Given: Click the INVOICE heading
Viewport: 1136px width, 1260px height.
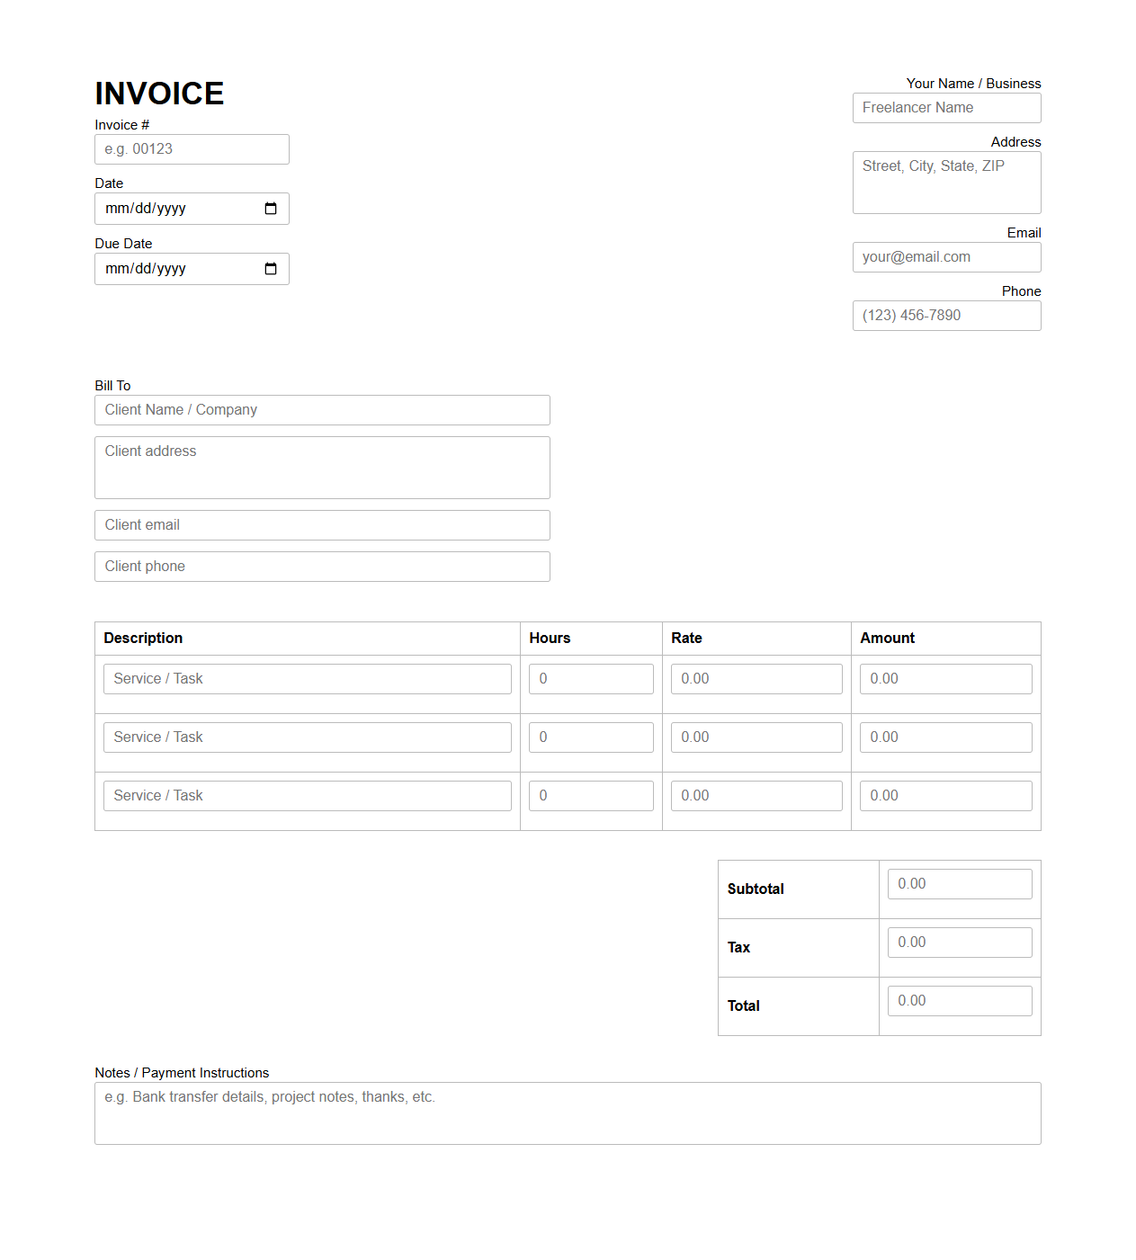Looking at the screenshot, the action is click(x=159, y=94).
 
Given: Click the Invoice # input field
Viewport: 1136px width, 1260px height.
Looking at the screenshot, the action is click(x=192, y=149).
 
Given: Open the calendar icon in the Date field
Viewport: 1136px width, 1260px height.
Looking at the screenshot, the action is click(x=271, y=209).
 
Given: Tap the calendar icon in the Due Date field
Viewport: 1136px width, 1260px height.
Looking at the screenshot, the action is click(x=271, y=269).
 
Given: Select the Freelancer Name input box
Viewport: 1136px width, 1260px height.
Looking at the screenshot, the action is click(x=946, y=108).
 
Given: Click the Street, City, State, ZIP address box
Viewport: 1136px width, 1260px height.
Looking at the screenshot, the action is click(x=946, y=183).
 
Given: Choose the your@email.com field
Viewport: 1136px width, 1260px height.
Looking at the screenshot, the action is click(x=946, y=257).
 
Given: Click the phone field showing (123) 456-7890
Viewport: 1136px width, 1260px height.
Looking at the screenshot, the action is click(x=946, y=316).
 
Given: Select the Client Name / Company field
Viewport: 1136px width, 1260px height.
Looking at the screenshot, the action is click(x=322, y=410).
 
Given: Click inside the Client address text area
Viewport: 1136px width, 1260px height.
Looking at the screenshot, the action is click(x=322, y=468).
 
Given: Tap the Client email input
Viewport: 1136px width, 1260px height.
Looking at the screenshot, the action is click(x=322, y=525).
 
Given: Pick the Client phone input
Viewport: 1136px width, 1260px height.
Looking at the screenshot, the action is click(x=322, y=567).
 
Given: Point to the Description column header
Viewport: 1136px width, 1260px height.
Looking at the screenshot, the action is click(x=143, y=639).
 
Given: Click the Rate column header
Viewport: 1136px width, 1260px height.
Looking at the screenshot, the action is click(x=686, y=639).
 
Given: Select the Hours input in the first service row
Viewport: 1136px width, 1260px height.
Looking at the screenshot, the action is click(x=591, y=679).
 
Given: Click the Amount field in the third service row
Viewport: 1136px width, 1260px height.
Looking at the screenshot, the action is click(x=945, y=796).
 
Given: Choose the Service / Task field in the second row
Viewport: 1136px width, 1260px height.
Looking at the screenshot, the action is click(x=307, y=737).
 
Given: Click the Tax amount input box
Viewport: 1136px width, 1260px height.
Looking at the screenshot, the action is click(x=960, y=943).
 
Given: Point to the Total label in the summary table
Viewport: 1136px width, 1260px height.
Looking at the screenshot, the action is click(x=744, y=1006).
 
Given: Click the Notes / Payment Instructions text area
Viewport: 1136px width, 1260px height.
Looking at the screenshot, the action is click(x=568, y=1113).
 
